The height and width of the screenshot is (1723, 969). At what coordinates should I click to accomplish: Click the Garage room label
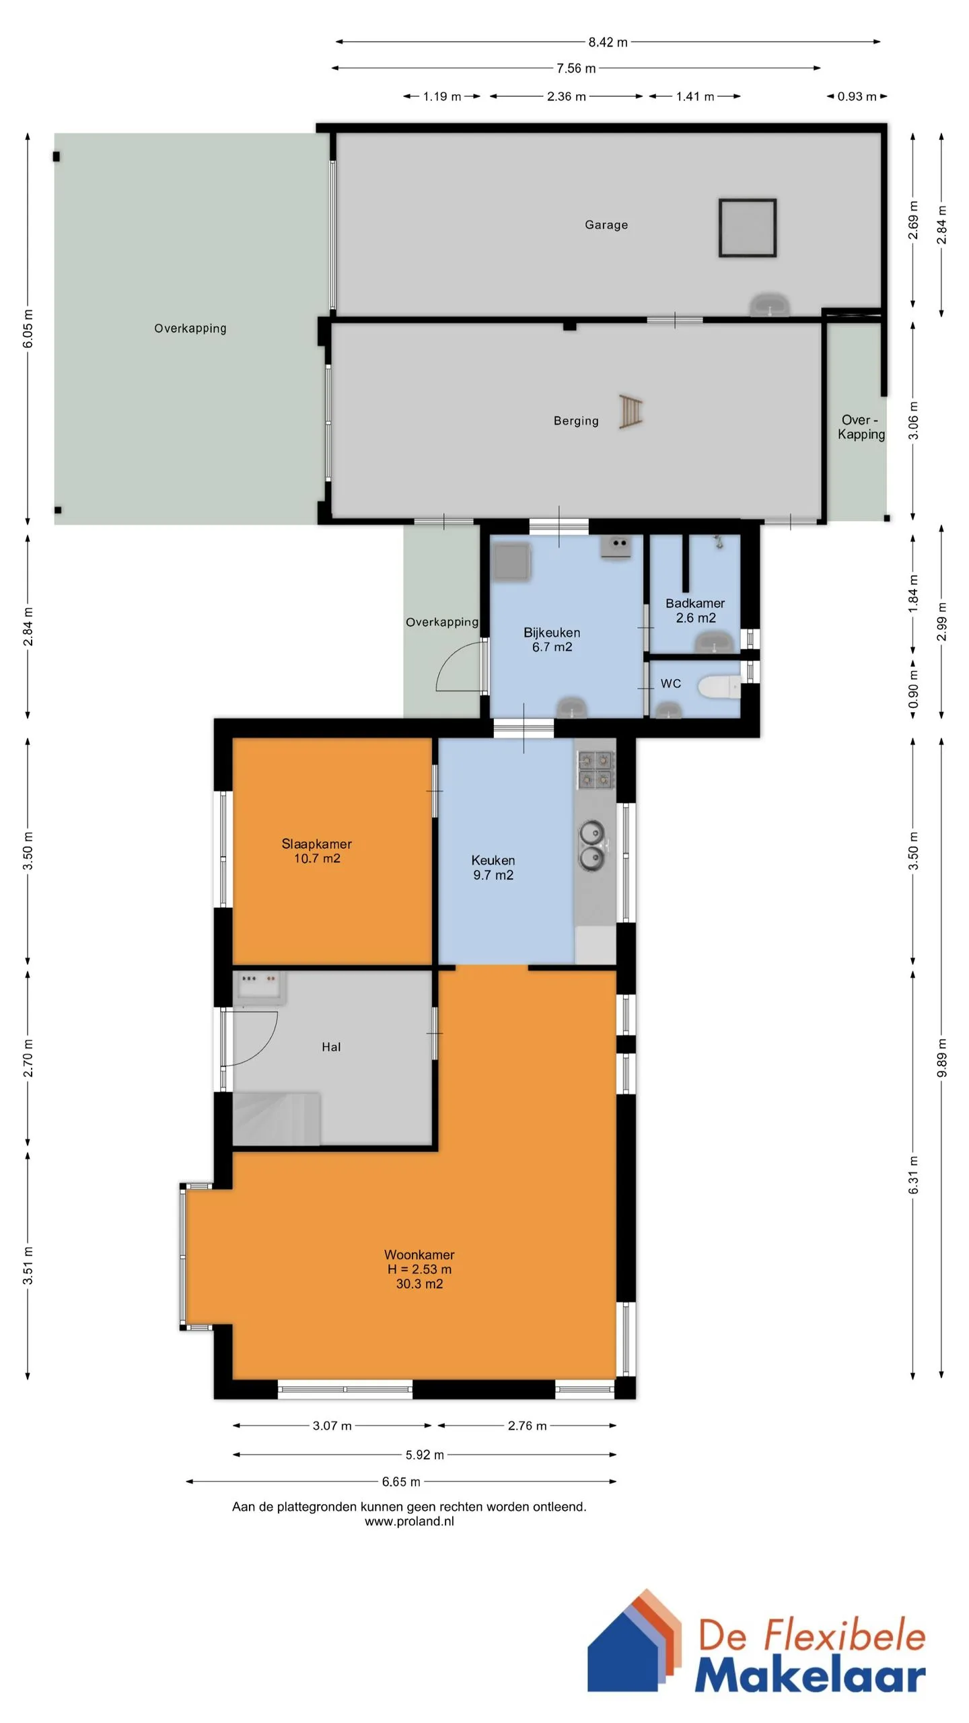(606, 225)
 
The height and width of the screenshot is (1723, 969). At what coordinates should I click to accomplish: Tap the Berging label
(576, 421)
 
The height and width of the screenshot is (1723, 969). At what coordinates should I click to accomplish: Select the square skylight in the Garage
(747, 227)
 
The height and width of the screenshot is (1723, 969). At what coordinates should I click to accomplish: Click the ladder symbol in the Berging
(631, 412)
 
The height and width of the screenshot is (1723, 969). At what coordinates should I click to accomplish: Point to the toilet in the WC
(719, 687)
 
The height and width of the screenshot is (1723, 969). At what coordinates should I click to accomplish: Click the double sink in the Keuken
(593, 845)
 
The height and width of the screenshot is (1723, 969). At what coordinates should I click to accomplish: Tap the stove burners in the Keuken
(596, 769)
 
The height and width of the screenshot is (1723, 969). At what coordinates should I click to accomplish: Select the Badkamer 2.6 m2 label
(695, 610)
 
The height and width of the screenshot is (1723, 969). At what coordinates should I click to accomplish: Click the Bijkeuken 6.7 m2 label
(552, 639)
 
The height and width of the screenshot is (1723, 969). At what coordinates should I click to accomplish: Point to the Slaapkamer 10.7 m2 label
(316, 851)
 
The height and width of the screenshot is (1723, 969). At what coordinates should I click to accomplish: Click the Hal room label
(331, 1047)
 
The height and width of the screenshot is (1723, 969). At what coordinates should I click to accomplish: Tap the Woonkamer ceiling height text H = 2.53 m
(419, 1269)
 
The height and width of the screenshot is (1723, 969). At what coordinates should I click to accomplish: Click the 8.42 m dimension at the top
(608, 42)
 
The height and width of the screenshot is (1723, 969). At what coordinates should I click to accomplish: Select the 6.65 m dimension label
(401, 1481)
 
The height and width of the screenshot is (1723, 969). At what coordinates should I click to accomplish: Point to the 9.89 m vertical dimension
(942, 1057)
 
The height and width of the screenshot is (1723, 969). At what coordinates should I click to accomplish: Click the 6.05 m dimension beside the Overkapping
(28, 329)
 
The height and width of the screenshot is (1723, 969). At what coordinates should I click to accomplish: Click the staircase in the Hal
(276, 1118)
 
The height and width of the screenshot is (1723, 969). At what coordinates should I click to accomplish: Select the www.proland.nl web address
(409, 1521)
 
